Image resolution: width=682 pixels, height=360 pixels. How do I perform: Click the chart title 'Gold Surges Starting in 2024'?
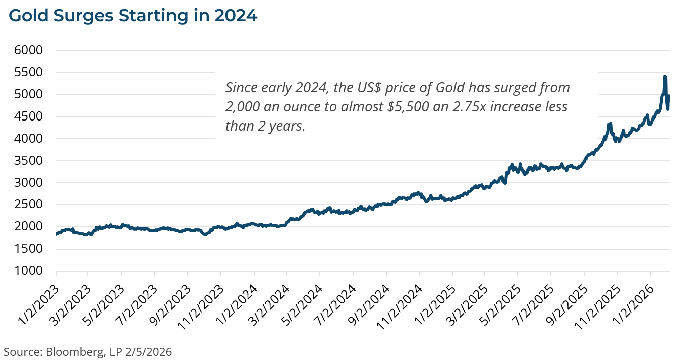133,16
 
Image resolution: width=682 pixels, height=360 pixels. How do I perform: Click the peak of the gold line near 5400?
665,77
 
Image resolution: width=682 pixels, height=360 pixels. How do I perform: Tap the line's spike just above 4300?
610,123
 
